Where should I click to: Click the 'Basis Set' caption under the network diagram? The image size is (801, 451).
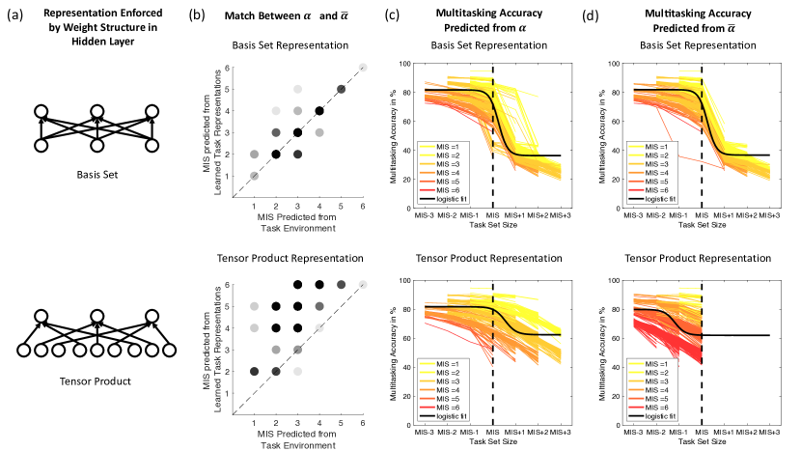(x=95, y=175)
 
